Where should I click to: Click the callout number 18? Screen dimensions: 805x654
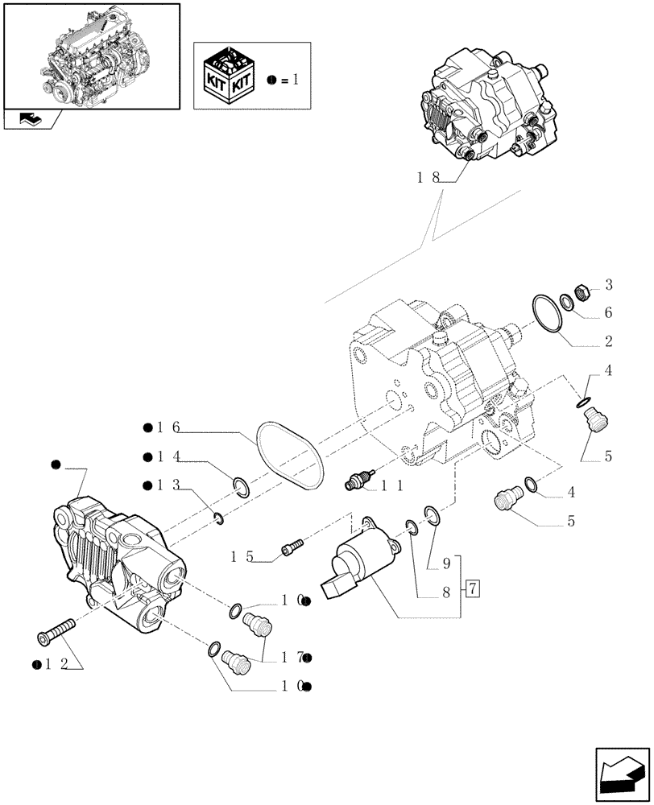[428, 179]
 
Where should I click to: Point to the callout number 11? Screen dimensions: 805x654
[391, 485]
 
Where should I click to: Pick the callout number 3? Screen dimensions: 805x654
[609, 285]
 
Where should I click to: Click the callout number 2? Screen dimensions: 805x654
[609, 341]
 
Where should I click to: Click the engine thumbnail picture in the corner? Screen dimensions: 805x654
[91, 55]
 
